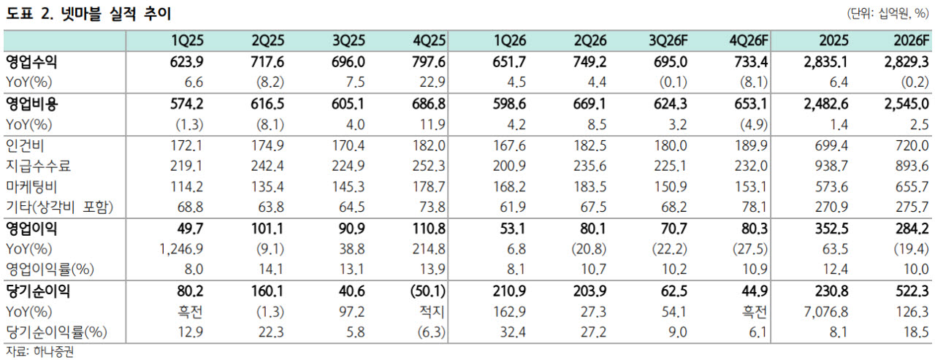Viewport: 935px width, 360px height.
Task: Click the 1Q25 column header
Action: pyautogui.click(x=188, y=40)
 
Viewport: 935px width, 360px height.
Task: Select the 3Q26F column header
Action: pyautogui.click(x=668, y=40)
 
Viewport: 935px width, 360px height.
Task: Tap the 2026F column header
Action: pyautogui.click(x=911, y=40)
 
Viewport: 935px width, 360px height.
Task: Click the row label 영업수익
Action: pyautogui.click(x=31, y=62)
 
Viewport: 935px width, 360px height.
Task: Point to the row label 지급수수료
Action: pyautogui.click(x=38, y=166)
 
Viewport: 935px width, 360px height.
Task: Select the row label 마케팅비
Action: pyautogui.click(x=31, y=186)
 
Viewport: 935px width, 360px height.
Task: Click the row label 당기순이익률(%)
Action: pyautogui.click(x=56, y=332)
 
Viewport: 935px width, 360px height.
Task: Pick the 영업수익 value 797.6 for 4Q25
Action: pyautogui.click(x=429, y=62)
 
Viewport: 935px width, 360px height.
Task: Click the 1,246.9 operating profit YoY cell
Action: pyautogui.click(x=182, y=249)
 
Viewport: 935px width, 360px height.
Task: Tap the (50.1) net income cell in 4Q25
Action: pyautogui.click(x=428, y=291)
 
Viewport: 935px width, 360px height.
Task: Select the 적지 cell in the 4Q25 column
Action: pyautogui.click(x=432, y=312)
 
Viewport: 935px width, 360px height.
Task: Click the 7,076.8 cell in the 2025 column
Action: pyautogui.click(x=826, y=312)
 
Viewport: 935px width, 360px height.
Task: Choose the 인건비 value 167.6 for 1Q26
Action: pyautogui.click(x=509, y=145)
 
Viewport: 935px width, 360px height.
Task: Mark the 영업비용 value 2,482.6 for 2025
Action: pyautogui.click(x=826, y=104)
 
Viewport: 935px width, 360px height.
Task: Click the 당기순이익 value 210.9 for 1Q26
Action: pyautogui.click(x=509, y=291)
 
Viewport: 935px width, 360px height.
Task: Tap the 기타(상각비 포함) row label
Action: pyautogui.click(x=59, y=207)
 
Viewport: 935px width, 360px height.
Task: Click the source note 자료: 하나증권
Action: pyautogui.click(x=39, y=352)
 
